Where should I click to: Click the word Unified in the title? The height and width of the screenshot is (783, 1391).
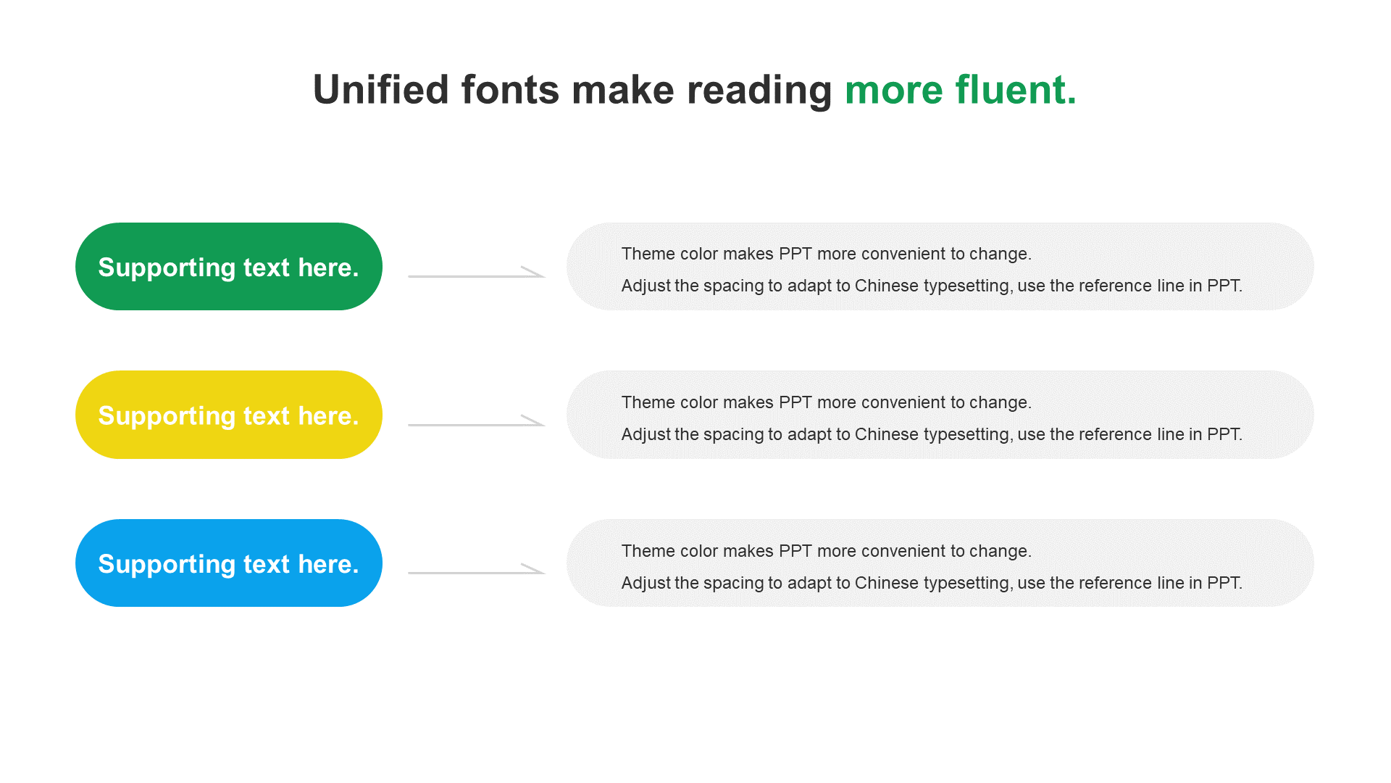[x=381, y=90]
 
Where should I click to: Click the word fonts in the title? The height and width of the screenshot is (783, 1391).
[x=510, y=90]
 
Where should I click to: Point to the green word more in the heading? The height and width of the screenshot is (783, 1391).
[x=894, y=94]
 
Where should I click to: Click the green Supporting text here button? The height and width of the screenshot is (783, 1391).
[x=229, y=267]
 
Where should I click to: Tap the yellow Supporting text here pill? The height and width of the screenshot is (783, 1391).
[x=229, y=415]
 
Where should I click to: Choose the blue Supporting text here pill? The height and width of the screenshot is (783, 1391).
[x=229, y=563]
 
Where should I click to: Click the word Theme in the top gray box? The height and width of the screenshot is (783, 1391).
[x=646, y=254]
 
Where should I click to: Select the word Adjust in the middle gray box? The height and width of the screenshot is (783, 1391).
[x=646, y=434]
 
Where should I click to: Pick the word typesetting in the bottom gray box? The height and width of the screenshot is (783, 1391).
[x=967, y=584]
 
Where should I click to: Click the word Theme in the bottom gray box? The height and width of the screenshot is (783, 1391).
[x=646, y=551]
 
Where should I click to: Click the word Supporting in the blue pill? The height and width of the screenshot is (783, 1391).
[x=167, y=565]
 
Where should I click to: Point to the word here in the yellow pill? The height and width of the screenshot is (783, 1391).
[x=328, y=416]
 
